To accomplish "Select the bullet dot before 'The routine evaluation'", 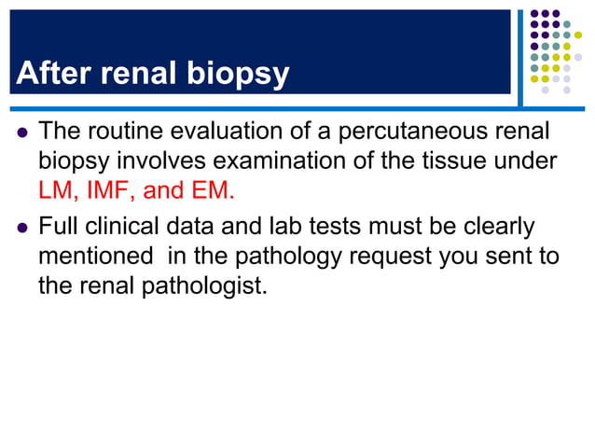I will pyautogui.click(x=20, y=133).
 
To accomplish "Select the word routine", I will pyautogui.click(x=131, y=132).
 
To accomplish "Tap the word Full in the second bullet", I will pyautogui.click(x=58, y=227).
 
